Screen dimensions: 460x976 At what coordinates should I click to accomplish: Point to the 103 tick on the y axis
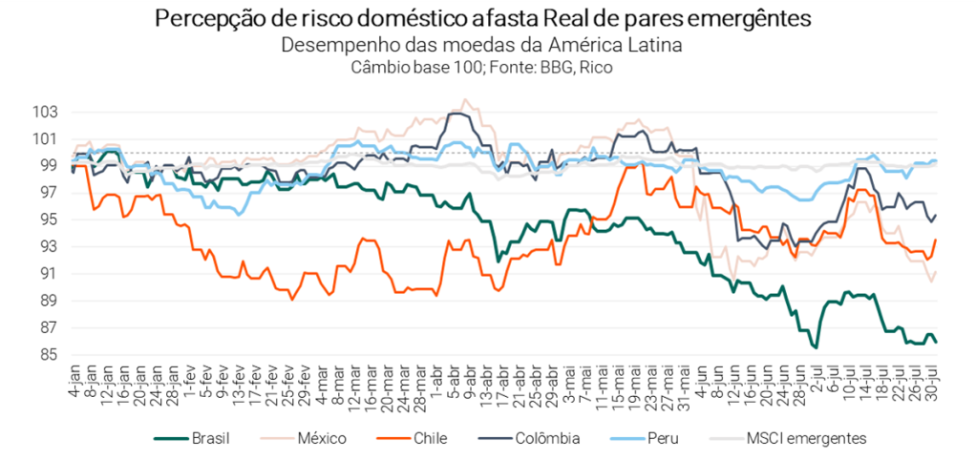point(45,112)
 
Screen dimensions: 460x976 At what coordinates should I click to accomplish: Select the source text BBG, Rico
point(579,67)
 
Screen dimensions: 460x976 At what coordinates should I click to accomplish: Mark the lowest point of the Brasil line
point(817,347)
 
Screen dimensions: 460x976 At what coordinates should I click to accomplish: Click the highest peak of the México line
point(465,99)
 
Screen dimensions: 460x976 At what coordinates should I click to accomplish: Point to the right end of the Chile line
point(936,240)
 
